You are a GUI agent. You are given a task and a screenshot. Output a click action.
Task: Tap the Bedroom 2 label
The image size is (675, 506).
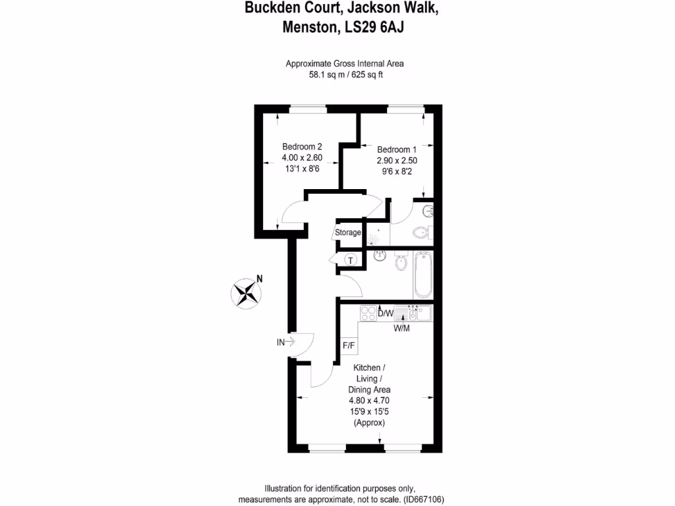tap(302, 146)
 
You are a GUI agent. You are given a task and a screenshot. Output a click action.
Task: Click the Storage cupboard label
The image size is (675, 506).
tap(348, 233)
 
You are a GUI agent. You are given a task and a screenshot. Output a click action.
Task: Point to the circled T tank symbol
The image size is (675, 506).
tap(351, 260)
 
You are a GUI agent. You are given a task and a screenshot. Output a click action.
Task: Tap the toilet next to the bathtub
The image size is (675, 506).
tap(400, 263)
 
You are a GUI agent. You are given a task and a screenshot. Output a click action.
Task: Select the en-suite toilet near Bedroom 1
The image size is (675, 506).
tap(421, 232)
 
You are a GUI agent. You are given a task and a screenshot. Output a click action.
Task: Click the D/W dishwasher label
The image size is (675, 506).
tap(386, 314)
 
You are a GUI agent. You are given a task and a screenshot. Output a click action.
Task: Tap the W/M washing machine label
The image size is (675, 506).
tap(401, 329)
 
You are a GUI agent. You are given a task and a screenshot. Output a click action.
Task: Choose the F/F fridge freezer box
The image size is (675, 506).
tap(348, 345)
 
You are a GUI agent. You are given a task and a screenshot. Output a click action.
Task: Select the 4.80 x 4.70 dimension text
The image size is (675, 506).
tap(369, 400)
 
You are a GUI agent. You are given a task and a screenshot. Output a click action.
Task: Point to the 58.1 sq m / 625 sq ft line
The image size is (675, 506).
tap(346, 74)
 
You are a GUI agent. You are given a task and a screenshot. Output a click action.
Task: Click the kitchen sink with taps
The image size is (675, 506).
tap(418, 313)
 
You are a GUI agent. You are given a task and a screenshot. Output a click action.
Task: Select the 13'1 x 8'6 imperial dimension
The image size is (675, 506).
tap(302, 169)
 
